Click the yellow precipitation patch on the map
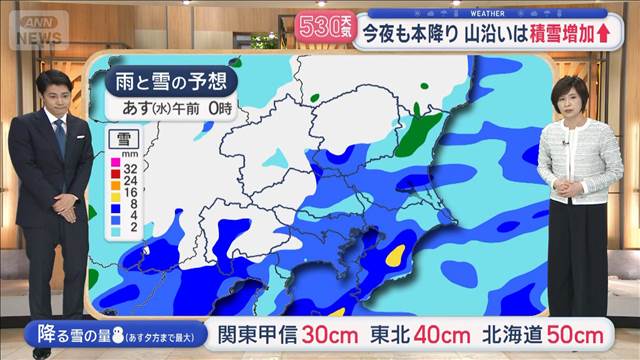pos(396,255)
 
